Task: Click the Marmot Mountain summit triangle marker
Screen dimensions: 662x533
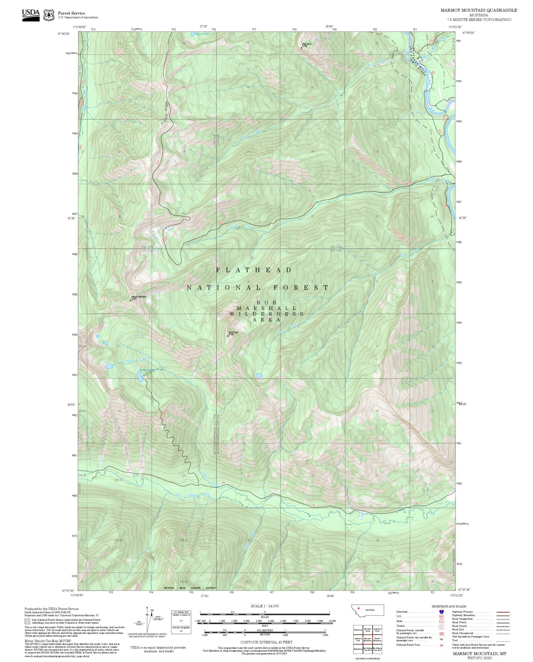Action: (131, 300)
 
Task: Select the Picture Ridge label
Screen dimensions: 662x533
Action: (164, 113)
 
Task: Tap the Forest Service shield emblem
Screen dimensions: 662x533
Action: (49, 15)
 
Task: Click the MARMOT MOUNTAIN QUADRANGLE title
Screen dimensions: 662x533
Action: (478, 10)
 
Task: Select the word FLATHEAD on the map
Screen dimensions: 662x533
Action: (254, 270)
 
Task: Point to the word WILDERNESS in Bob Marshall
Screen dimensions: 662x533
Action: (266, 314)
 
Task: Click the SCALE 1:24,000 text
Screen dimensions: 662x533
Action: (264, 606)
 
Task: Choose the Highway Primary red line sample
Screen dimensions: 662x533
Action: (503, 612)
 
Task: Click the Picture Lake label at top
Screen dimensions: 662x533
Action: (201, 34)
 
